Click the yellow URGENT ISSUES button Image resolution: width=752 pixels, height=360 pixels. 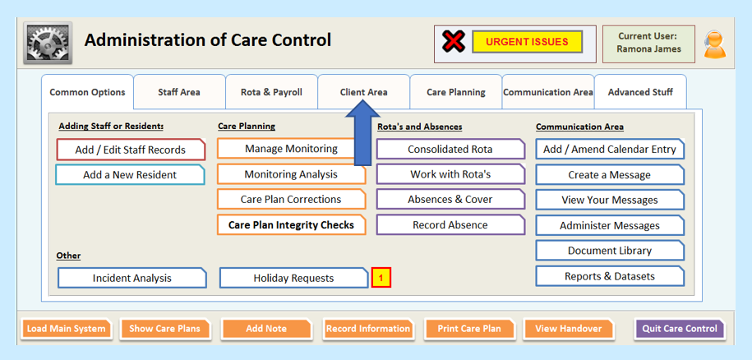click(x=527, y=42)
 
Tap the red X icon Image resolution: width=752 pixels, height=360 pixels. click(x=453, y=42)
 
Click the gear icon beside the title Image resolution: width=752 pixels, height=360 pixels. click(x=48, y=43)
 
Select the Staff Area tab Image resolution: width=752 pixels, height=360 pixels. click(x=179, y=92)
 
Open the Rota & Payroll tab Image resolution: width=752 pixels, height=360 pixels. click(x=271, y=92)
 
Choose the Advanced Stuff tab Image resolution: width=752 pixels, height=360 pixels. click(x=640, y=92)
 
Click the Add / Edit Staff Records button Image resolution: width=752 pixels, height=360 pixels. click(x=131, y=150)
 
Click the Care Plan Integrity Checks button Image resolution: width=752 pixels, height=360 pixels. click(x=291, y=225)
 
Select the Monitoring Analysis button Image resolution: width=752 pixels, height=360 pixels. click(x=291, y=174)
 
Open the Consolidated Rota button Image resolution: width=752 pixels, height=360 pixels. click(x=450, y=149)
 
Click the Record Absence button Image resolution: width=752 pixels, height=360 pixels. click(x=450, y=225)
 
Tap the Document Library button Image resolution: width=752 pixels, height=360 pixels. click(x=610, y=250)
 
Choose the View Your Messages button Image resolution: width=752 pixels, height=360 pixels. click(x=610, y=200)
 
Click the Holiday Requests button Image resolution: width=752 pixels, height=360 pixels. click(x=293, y=278)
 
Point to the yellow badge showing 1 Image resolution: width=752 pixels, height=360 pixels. click(x=381, y=278)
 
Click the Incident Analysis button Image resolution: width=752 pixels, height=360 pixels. click(x=131, y=278)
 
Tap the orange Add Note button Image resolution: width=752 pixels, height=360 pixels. click(x=266, y=329)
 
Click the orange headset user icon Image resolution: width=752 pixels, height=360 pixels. click(x=714, y=44)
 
